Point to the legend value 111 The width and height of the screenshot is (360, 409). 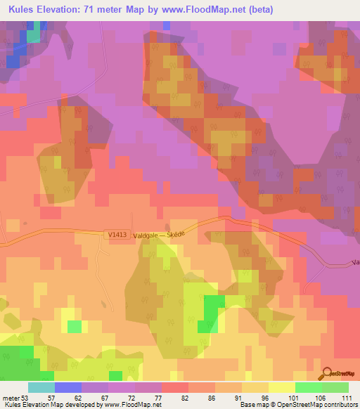pos(345,397)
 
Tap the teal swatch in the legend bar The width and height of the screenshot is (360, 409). pos(41,387)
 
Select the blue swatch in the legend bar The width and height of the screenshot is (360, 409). pos(67,387)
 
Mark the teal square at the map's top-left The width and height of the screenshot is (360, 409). pos(33,36)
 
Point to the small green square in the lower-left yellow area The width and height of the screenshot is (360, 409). pos(74,326)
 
